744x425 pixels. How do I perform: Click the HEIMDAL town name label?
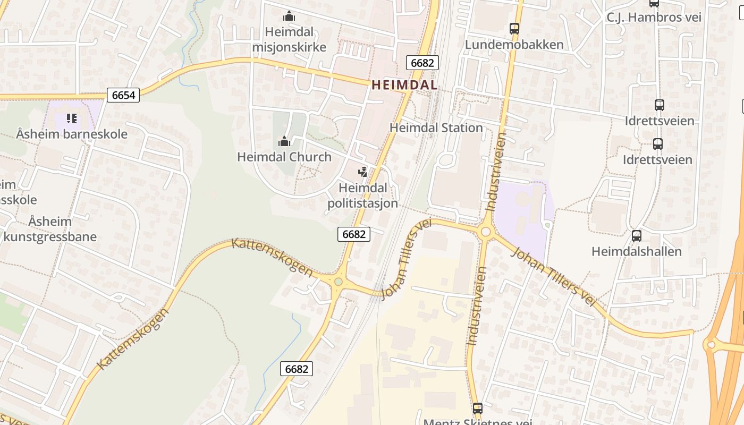coord(404,84)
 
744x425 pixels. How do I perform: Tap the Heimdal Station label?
coord(436,127)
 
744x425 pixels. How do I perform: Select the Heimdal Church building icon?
coord(284,141)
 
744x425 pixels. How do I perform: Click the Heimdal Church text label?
coord(284,157)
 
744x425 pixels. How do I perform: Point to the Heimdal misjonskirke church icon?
coord(289,16)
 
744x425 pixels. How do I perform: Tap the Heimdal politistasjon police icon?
coord(363,172)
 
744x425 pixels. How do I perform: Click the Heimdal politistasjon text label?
coord(362,195)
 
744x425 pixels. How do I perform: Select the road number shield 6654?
coord(123,95)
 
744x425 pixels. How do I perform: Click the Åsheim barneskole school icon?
coord(72,118)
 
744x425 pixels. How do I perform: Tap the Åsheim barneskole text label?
coord(72,134)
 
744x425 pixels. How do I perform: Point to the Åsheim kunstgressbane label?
coord(50,228)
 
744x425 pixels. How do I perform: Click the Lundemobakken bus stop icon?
coord(514,29)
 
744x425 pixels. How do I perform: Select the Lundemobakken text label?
coord(514,45)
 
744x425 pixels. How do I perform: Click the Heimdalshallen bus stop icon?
coord(636,235)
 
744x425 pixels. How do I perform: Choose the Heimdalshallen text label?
coord(636,251)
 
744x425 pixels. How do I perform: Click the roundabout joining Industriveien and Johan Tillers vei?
coord(485,232)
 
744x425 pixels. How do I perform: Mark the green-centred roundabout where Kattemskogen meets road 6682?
coord(338,282)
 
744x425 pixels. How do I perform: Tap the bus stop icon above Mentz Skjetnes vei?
coord(477,408)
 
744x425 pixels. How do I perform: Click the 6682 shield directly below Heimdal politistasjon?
coord(353,234)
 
